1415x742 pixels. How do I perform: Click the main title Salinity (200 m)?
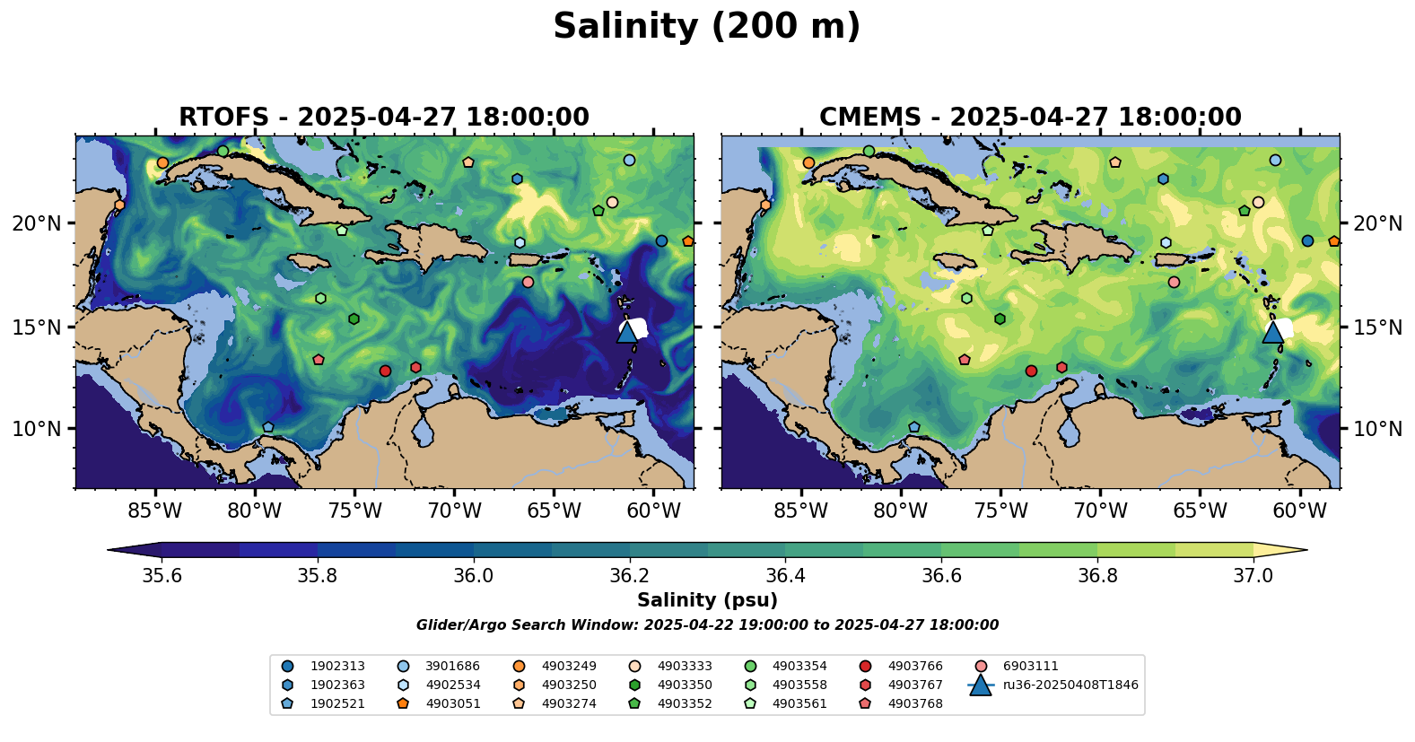(x=706, y=27)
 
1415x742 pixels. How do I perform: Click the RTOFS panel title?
(x=384, y=118)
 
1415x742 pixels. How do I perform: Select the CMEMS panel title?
(x=1030, y=118)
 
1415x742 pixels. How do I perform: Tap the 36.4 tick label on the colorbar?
(x=785, y=575)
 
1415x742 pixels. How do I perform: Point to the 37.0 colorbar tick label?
(x=1253, y=575)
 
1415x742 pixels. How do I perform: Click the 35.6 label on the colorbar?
(x=162, y=575)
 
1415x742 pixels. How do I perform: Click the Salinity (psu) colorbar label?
(x=707, y=600)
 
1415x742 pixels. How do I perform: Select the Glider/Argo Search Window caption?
(x=707, y=625)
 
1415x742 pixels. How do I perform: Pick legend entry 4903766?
(x=915, y=667)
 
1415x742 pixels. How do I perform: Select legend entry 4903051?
(x=453, y=704)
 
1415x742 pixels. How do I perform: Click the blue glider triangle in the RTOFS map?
(x=627, y=331)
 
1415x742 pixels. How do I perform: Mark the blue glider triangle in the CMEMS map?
(x=1273, y=331)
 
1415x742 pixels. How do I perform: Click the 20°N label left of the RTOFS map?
(x=37, y=223)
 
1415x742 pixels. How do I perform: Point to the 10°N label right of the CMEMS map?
(x=1378, y=429)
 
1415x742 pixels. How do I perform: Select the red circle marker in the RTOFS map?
(x=385, y=371)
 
